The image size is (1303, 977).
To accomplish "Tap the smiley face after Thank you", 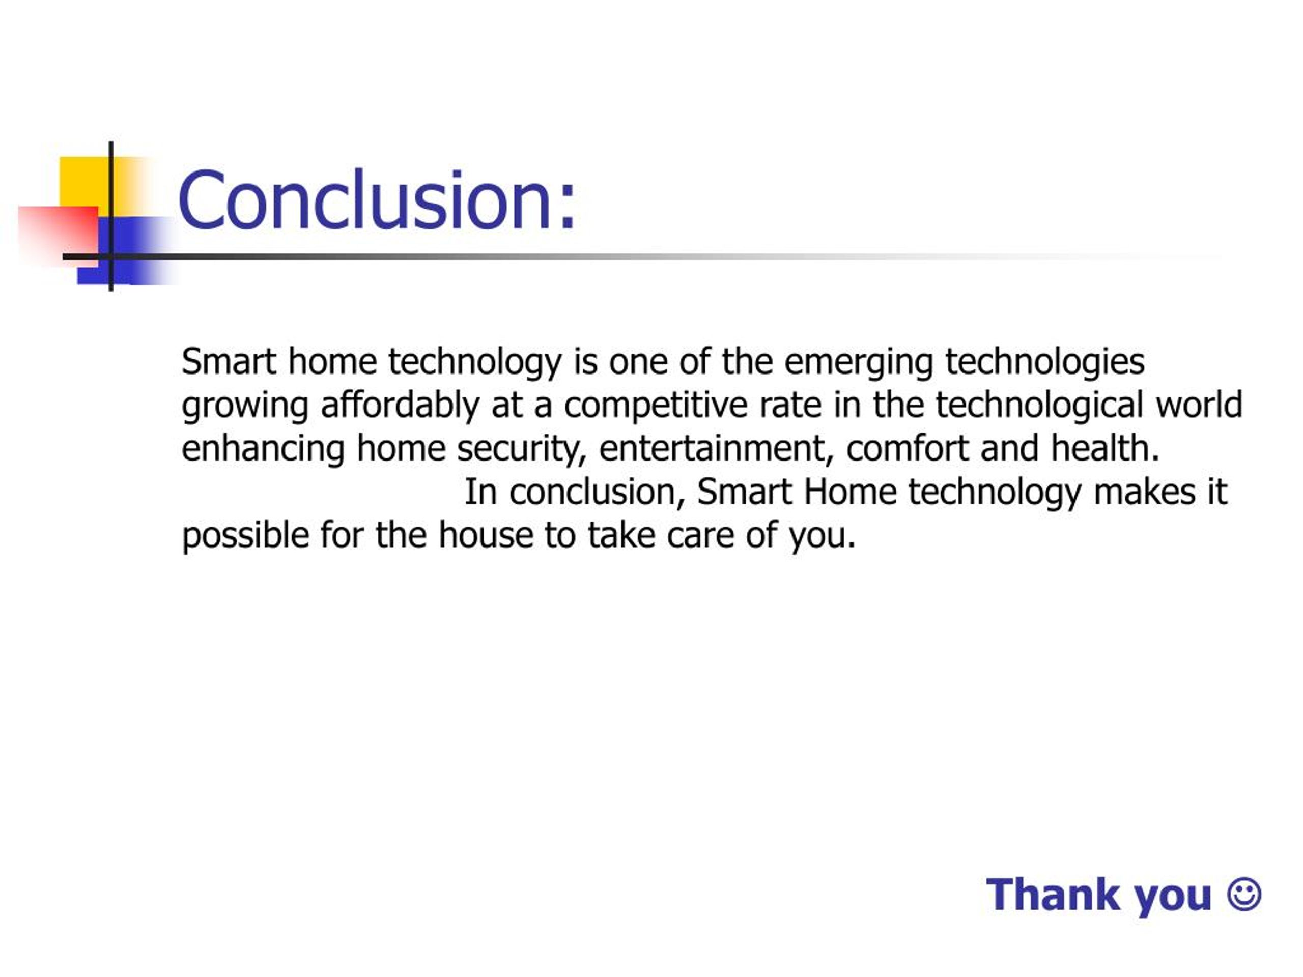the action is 1243,895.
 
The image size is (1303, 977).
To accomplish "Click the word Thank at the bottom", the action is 1053,895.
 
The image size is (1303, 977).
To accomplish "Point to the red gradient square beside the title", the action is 59,236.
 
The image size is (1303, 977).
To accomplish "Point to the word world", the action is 1199,405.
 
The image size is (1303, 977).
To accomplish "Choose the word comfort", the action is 907,448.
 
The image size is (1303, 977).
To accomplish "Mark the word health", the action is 1105,448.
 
